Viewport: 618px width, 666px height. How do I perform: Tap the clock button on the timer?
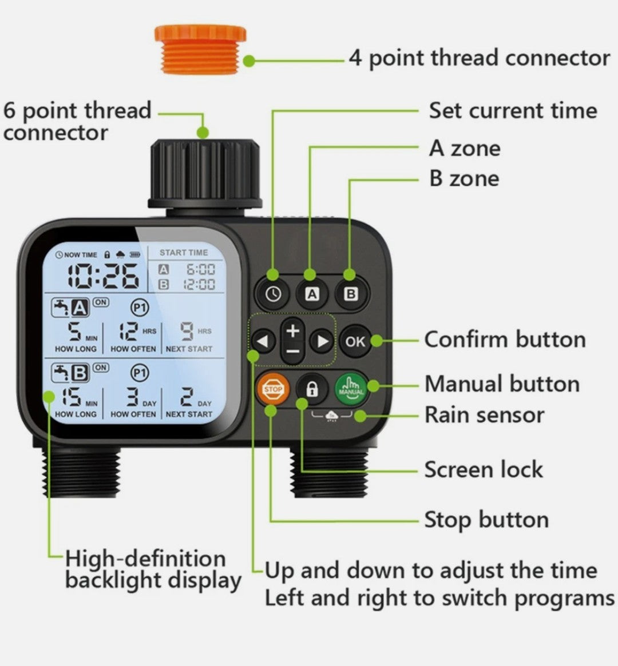(x=273, y=294)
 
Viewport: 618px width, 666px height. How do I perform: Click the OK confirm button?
(x=355, y=341)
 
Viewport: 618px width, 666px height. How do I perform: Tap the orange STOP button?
(x=273, y=389)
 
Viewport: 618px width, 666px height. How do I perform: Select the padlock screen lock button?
(x=312, y=389)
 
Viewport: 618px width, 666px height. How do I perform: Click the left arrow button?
(x=263, y=342)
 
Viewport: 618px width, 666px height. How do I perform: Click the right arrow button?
(x=322, y=342)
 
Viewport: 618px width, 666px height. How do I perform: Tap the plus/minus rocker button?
(x=293, y=341)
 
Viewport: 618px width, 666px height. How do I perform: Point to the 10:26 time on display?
(x=102, y=275)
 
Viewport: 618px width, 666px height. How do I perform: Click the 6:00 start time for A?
(x=200, y=269)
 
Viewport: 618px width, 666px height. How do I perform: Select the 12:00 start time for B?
(x=199, y=284)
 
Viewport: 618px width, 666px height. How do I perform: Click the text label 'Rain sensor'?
(x=484, y=415)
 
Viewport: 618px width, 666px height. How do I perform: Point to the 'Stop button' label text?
(x=486, y=520)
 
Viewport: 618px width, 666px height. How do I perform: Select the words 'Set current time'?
(x=513, y=110)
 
